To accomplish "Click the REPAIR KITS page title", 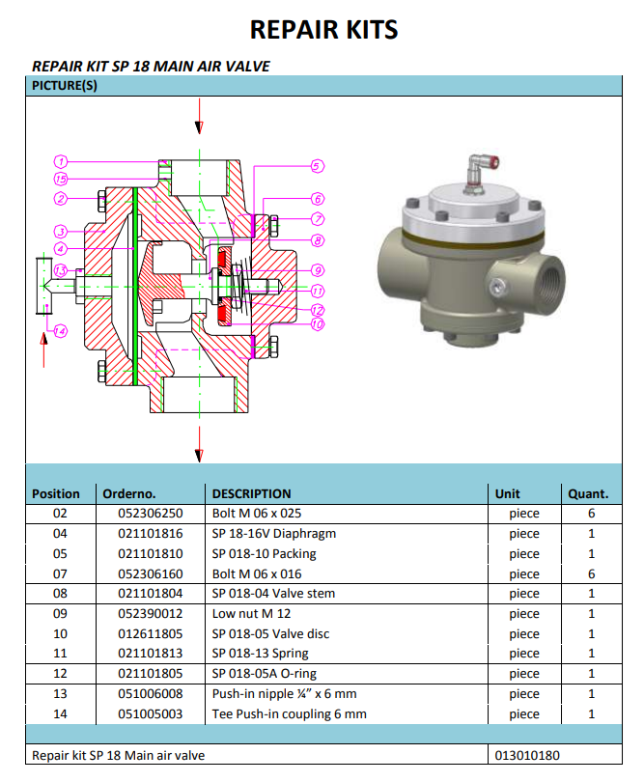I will [323, 29].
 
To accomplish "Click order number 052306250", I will [143, 514].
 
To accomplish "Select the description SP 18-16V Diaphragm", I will [273, 534].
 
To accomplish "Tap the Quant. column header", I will [587, 493].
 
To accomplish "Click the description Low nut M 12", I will [251, 614].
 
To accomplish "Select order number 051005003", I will [143, 714].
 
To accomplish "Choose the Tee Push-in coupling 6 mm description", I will [289, 714].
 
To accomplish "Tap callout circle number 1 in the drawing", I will [60, 161].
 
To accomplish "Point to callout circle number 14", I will [60, 331].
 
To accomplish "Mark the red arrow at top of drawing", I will [199, 126].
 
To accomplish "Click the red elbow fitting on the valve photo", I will [480, 166].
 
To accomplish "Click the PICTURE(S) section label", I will [65, 86].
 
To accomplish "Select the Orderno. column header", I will [129, 493].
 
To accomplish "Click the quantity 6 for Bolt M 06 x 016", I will [591, 573].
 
